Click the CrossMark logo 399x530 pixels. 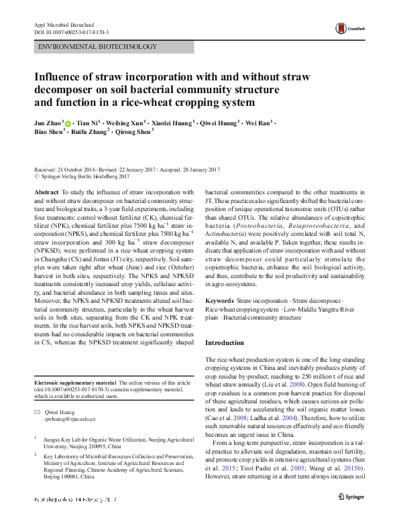(x=349, y=27)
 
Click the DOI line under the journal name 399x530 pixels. (x=71, y=32)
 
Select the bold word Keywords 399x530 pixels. (x=219, y=302)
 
